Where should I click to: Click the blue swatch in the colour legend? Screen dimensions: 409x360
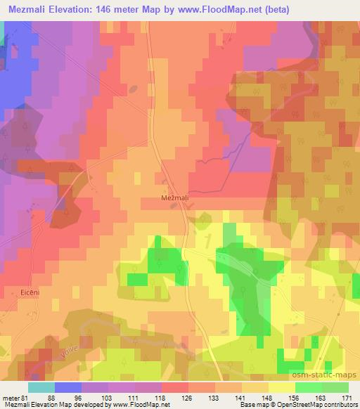67,387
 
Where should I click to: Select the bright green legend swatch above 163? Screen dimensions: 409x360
308,387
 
